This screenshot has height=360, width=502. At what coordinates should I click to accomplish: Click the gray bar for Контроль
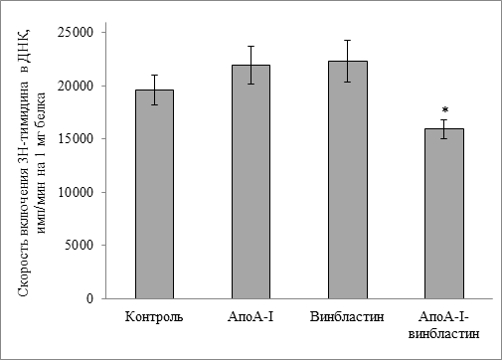[154, 194]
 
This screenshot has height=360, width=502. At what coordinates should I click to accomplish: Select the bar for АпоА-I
[251, 182]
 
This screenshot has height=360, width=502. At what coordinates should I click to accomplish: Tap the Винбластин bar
[348, 180]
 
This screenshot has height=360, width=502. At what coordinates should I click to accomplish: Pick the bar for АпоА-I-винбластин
[444, 214]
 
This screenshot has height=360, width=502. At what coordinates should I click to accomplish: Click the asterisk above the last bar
[445, 109]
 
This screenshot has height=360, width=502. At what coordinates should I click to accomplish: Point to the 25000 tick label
[76, 32]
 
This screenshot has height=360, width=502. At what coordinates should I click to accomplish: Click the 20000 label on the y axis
[76, 86]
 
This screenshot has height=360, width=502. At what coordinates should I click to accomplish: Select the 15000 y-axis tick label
[76, 138]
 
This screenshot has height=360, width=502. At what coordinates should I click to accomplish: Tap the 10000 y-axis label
[76, 192]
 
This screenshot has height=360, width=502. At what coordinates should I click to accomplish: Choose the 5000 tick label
[80, 245]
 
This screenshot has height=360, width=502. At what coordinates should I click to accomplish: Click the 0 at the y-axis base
[90, 298]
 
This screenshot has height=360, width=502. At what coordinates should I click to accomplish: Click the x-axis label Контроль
[154, 317]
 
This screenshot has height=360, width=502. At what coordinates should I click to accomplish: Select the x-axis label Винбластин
[347, 316]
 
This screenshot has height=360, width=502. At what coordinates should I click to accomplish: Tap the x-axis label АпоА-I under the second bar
[251, 316]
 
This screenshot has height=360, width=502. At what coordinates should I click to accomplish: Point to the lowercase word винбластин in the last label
[443, 333]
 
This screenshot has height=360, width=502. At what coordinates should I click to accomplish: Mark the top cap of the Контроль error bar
[154, 75]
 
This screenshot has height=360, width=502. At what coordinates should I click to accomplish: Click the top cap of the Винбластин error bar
[348, 40]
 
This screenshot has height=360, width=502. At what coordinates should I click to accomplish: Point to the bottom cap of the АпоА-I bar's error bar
[251, 84]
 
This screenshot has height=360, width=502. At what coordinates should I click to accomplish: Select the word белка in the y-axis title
[41, 107]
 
